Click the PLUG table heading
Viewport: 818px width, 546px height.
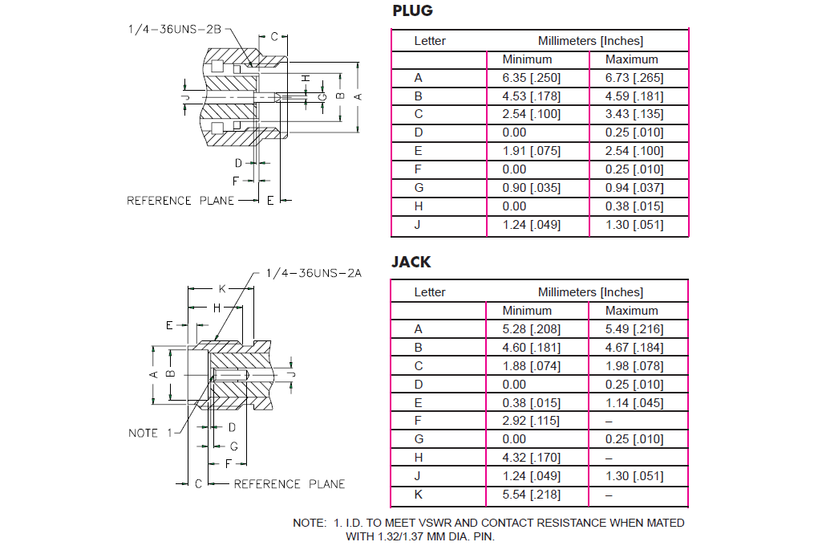pyautogui.click(x=412, y=11)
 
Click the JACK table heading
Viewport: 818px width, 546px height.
pyautogui.click(x=411, y=262)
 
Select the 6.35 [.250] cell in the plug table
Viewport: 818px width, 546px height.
pyautogui.click(x=532, y=78)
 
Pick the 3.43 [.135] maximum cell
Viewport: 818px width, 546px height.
pyautogui.click(x=634, y=114)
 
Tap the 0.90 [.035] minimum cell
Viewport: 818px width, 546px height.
pyautogui.click(x=532, y=188)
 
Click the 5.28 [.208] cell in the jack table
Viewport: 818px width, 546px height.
pyautogui.click(x=532, y=329)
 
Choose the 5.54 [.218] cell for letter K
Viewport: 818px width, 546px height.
pyautogui.click(x=532, y=495)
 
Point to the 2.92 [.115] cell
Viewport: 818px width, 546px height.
pyautogui.click(x=532, y=421)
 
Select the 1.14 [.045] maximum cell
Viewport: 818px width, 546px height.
pyautogui.click(x=634, y=403)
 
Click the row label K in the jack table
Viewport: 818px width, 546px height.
pyautogui.click(x=418, y=495)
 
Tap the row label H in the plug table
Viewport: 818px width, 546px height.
pyautogui.click(x=418, y=206)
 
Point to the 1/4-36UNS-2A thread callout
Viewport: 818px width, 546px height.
pyautogui.click(x=314, y=273)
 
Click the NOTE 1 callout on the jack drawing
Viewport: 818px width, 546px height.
pyautogui.click(x=150, y=434)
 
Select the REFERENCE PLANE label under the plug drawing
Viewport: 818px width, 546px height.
pyautogui.click(x=181, y=201)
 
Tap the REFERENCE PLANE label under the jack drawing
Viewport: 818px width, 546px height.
pyautogui.click(x=290, y=484)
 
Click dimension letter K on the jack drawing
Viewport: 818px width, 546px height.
pyautogui.click(x=222, y=288)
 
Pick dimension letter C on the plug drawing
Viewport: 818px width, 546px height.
pyautogui.click(x=273, y=36)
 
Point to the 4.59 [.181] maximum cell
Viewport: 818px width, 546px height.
pyautogui.click(x=634, y=96)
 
